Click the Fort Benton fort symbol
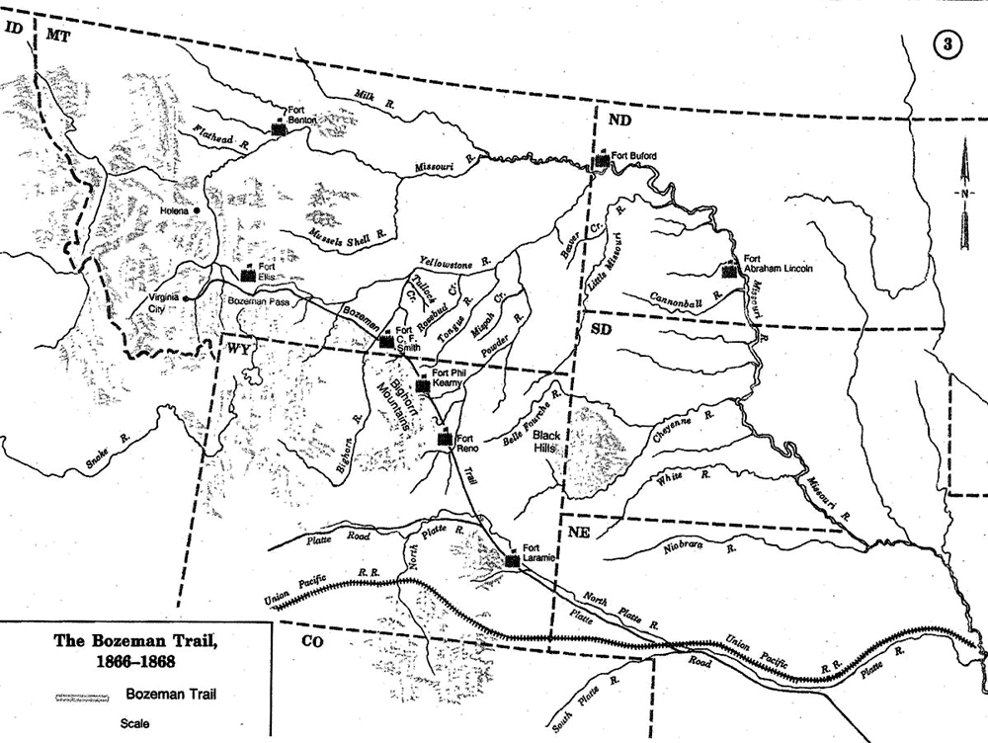279,127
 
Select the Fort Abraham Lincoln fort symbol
730,269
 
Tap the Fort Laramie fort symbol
512,560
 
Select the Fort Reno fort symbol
446,441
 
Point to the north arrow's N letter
959,193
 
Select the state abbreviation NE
581,531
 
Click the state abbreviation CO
312,640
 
